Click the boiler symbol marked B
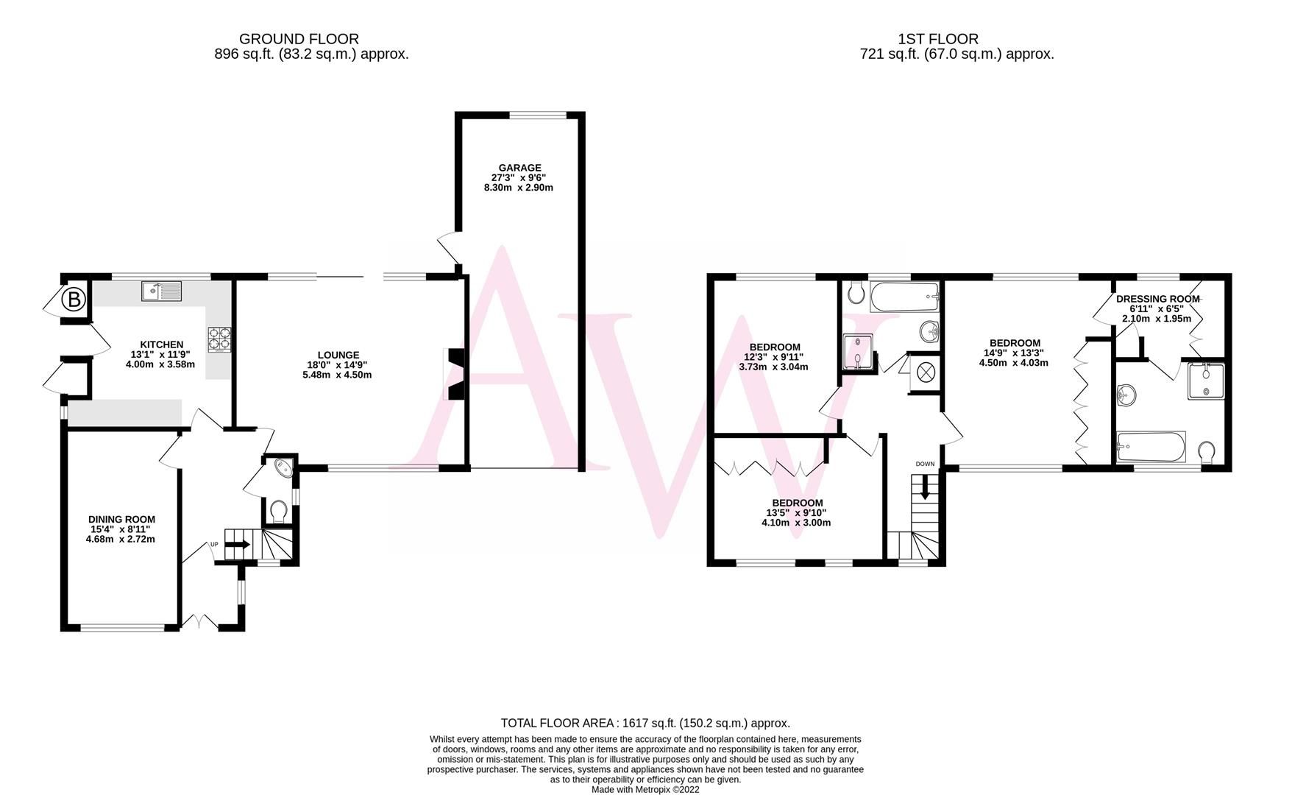click(73, 300)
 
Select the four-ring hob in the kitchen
click(219, 339)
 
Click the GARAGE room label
click(519, 168)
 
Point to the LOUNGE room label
click(338, 355)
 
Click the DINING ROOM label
click(121, 519)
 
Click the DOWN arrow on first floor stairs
click(925, 487)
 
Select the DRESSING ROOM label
click(1157, 299)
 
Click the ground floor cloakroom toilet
click(278, 509)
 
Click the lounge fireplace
click(453, 374)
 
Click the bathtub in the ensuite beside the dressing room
click(1150, 445)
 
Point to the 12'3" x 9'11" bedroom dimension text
click(774, 357)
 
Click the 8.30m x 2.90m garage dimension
click(519, 188)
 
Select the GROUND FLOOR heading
click(299, 39)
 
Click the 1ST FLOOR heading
click(938, 39)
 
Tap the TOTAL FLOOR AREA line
click(645, 723)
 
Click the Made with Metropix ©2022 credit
click(645, 789)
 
